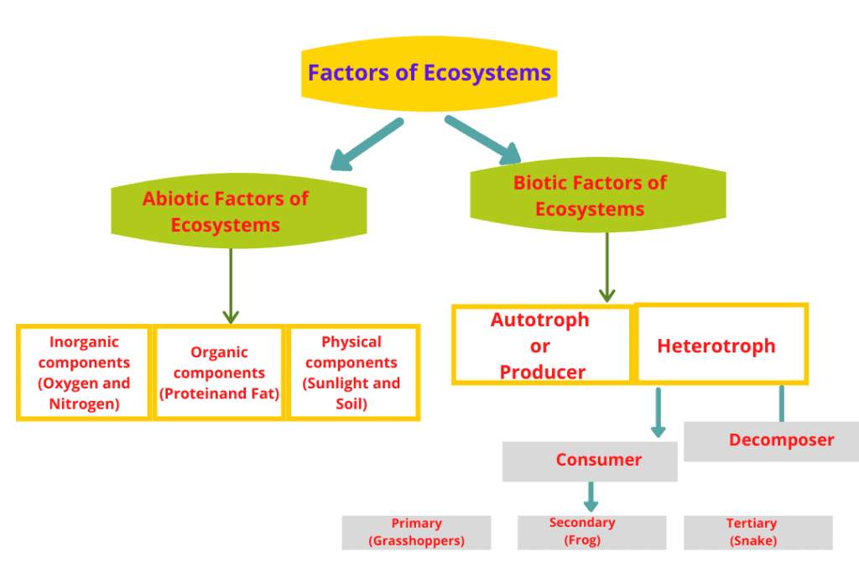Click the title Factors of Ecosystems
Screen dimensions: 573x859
(x=429, y=73)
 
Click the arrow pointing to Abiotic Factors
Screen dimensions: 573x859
(x=366, y=144)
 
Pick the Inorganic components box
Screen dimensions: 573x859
(x=84, y=372)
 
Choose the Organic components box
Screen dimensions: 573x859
(x=219, y=372)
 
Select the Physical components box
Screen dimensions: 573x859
(x=352, y=372)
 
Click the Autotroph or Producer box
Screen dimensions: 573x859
(x=541, y=344)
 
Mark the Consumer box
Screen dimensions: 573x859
(x=590, y=460)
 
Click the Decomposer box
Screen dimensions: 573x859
(x=770, y=440)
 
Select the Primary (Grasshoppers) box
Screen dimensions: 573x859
(x=416, y=532)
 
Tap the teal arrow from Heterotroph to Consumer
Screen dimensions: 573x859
(x=659, y=412)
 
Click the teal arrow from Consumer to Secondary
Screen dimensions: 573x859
(x=591, y=496)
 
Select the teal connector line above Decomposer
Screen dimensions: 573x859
(x=782, y=404)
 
